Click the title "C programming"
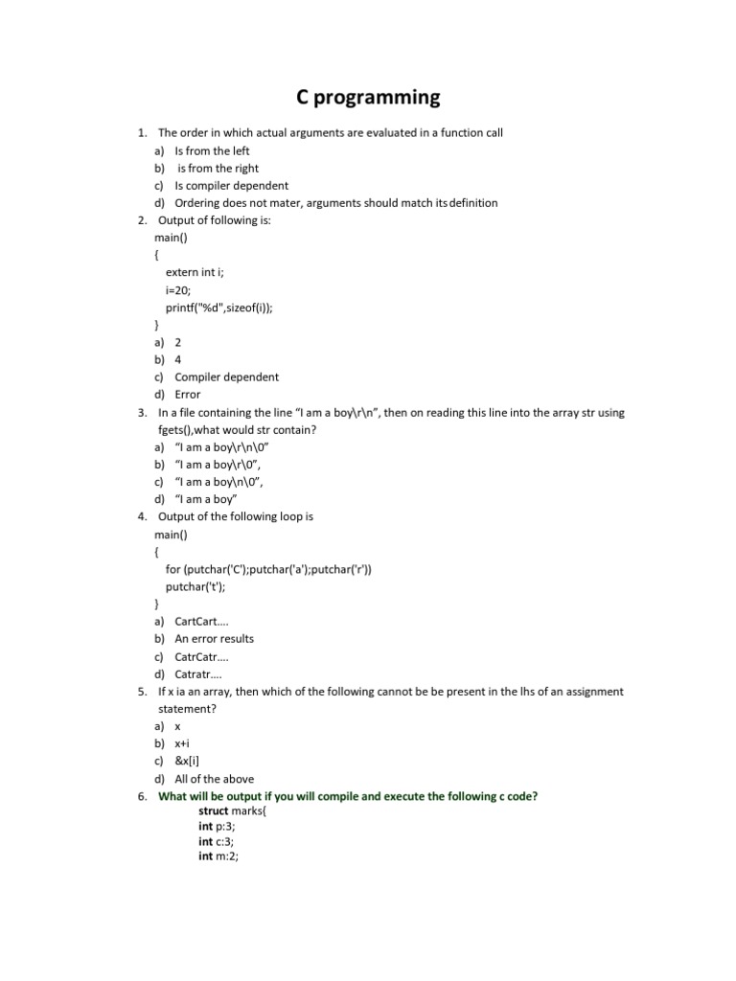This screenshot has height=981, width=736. (368, 97)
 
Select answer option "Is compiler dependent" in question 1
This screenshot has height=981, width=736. (231, 186)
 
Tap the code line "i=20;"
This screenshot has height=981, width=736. (178, 290)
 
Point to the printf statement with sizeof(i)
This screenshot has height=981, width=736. (225, 308)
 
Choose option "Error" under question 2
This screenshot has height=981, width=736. (188, 395)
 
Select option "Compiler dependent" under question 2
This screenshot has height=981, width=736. (226, 377)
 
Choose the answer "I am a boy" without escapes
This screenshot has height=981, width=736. (206, 499)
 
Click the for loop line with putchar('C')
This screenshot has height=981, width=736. (268, 569)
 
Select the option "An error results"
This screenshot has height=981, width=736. (214, 639)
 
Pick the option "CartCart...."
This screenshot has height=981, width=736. (201, 622)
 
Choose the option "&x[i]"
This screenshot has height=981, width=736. (187, 761)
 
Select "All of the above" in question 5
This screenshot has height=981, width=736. (214, 779)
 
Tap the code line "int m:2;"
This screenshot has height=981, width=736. (218, 856)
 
